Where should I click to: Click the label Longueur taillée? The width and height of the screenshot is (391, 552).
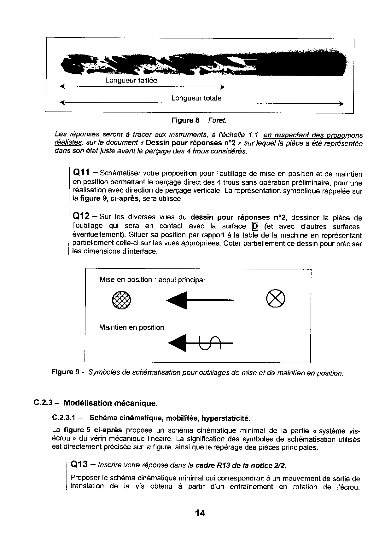(131, 80)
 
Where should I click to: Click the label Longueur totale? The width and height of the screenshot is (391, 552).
(196, 98)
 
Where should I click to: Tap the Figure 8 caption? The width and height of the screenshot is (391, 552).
(199, 120)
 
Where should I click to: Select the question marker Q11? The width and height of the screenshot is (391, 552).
(82, 173)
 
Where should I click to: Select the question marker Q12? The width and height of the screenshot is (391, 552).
(82, 216)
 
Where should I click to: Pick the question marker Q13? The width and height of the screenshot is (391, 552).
(79, 464)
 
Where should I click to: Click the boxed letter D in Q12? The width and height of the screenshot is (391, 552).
(255, 226)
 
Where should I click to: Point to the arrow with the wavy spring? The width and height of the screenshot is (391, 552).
(201, 343)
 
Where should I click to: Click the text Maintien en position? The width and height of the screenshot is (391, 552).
(131, 328)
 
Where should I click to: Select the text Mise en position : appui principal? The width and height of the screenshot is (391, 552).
(152, 280)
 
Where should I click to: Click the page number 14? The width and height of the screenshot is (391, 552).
(200, 513)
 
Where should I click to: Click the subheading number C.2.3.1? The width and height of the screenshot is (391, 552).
(65, 418)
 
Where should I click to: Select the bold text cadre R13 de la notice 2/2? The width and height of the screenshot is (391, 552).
(241, 465)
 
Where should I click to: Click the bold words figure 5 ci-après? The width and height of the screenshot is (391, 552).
(93, 430)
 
